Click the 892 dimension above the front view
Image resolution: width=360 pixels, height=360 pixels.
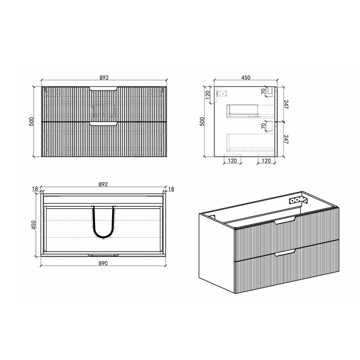[104, 78]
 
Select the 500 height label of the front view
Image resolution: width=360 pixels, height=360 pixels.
[32, 121]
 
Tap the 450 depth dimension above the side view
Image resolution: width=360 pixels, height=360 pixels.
[246, 78]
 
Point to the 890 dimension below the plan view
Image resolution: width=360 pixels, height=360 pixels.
[103, 263]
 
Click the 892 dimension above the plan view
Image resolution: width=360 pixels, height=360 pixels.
[103, 184]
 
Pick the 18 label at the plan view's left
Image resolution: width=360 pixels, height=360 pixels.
[35, 189]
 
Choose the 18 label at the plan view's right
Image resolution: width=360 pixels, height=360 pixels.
[171, 189]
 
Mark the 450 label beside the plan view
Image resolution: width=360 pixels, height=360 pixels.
[34, 225]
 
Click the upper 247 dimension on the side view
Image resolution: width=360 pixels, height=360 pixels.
[286, 104]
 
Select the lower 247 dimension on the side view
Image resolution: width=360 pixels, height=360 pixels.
[286, 139]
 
